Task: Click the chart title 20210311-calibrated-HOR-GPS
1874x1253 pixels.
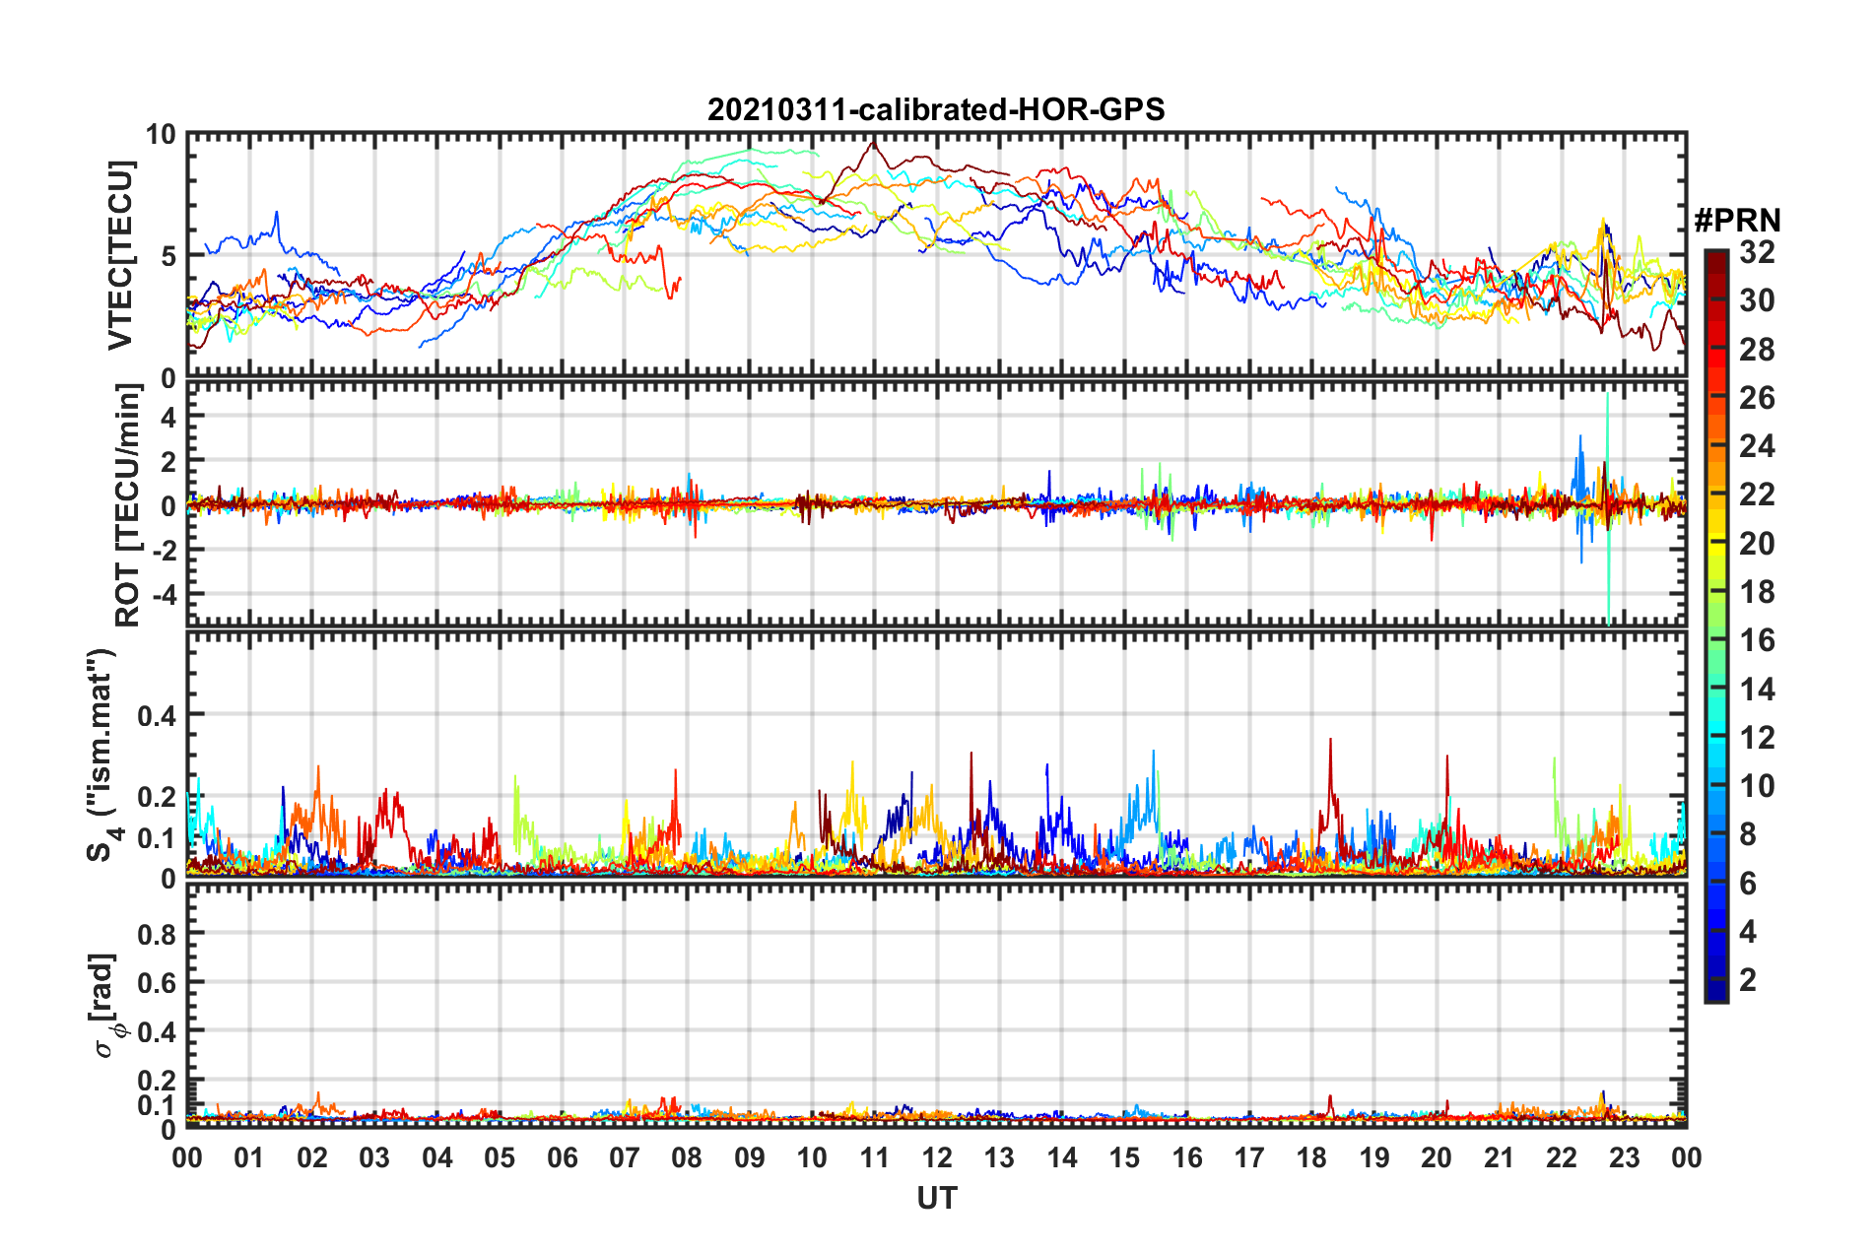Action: coord(936,109)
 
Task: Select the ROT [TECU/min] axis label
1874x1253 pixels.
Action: coord(128,505)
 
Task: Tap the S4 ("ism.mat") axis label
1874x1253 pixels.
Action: coord(102,755)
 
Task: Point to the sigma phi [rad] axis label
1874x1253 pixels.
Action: coord(105,1005)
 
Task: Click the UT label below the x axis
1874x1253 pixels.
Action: coord(936,1199)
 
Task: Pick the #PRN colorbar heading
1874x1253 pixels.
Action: coord(1737,220)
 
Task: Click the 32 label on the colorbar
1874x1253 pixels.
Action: coord(1757,252)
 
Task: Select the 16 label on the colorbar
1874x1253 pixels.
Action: coord(1757,640)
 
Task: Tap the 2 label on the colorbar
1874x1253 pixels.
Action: coord(1749,980)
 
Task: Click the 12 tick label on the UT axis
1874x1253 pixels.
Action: coord(937,1157)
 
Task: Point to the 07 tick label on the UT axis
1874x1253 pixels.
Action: coord(625,1157)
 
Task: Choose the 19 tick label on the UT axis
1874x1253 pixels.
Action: coord(1374,1157)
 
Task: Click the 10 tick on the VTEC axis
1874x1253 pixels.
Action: coord(161,135)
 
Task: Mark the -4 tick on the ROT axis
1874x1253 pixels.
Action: coord(163,595)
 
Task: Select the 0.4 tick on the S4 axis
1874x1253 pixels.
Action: coord(157,715)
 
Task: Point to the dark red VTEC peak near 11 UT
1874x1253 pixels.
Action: coord(872,144)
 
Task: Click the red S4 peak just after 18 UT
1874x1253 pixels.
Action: coord(1330,742)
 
